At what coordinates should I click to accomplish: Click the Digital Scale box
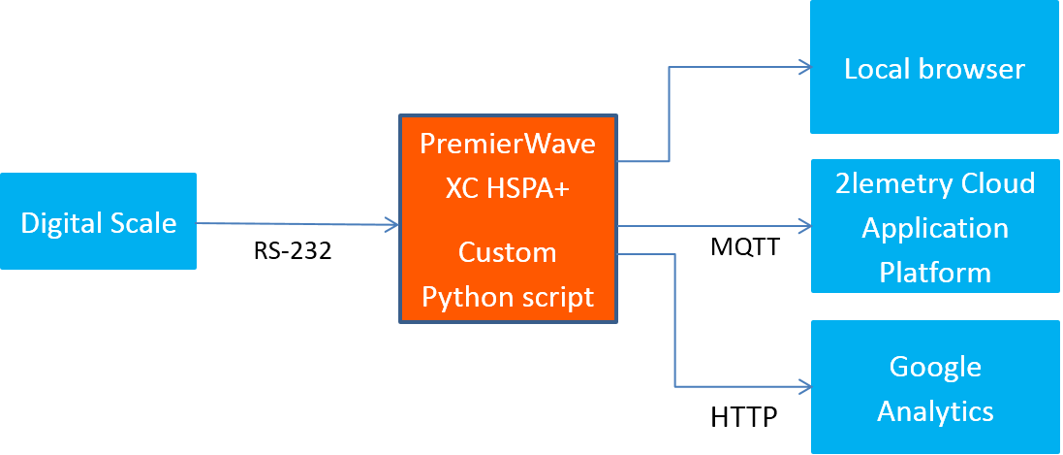tap(98, 221)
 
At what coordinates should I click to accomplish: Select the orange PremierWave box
tap(508, 218)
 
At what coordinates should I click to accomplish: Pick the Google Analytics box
tap(935, 388)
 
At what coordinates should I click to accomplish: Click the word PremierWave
tap(508, 145)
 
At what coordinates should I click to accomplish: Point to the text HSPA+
tap(536, 189)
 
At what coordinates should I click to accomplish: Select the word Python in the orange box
tap(461, 297)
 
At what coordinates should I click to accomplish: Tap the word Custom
tap(508, 253)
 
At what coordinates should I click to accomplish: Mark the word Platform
tap(935, 273)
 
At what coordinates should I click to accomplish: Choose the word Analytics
tap(935, 411)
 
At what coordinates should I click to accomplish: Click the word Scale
tap(144, 223)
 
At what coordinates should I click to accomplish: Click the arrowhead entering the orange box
tap(392, 225)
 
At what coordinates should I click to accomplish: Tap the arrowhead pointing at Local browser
tap(803, 67)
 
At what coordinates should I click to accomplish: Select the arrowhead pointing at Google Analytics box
tap(803, 386)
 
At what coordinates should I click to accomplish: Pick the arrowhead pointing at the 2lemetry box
tap(803, 226)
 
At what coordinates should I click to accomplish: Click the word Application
tap(935, 229)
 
